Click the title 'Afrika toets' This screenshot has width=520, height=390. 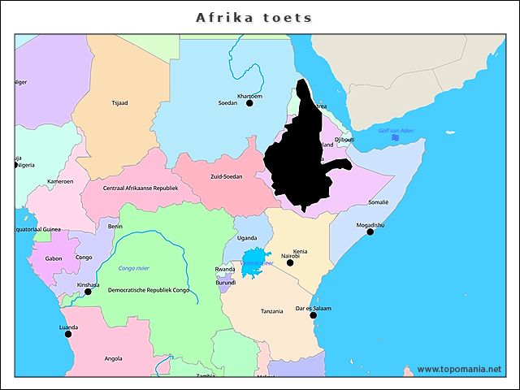[x=254, y=17]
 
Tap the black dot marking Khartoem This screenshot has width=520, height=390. [x=249, y=103]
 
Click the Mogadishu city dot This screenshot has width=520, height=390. [x=370, y=232]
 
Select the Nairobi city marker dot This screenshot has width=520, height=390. [x=290, y=262]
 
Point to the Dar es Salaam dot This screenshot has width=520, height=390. [x=314, y=315]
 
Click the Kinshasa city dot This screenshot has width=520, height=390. [x=88, y=292]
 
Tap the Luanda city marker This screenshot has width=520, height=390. [x=68, y=334]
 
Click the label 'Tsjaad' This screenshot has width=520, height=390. [x=119, y=103]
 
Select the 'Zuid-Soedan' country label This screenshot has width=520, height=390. [x=227, y=176]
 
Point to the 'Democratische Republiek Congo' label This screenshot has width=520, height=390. [x=149, y=290]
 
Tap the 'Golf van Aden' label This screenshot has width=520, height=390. [x=396, y=131]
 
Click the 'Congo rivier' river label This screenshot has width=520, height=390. [x=134, y=267]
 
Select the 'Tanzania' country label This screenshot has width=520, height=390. [x=271, y=311]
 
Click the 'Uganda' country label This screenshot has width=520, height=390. [x=247, y=238]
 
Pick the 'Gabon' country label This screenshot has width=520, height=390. [x=54, y=258]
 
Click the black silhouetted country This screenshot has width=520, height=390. [x=305, y=158]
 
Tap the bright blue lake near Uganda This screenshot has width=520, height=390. [x=257, y=262]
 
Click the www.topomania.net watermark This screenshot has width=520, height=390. [x=459, y=369]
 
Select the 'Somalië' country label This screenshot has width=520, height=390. [x=379, y=201]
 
